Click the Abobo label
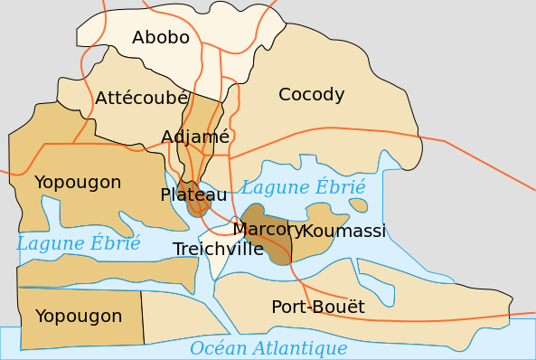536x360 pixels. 161,38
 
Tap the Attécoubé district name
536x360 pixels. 141,98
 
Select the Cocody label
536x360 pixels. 312,94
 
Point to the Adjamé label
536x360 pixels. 195,137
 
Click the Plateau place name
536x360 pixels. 193,194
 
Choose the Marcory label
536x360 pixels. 268,230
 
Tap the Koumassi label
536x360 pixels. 343,232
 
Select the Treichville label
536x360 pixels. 218,250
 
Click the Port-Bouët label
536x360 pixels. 318,308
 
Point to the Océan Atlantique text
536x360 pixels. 268,348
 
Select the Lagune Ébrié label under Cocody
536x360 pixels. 303,188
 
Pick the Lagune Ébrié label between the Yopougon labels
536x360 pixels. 79,243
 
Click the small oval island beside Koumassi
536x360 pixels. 359,205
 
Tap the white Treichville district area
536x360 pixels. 220,265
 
